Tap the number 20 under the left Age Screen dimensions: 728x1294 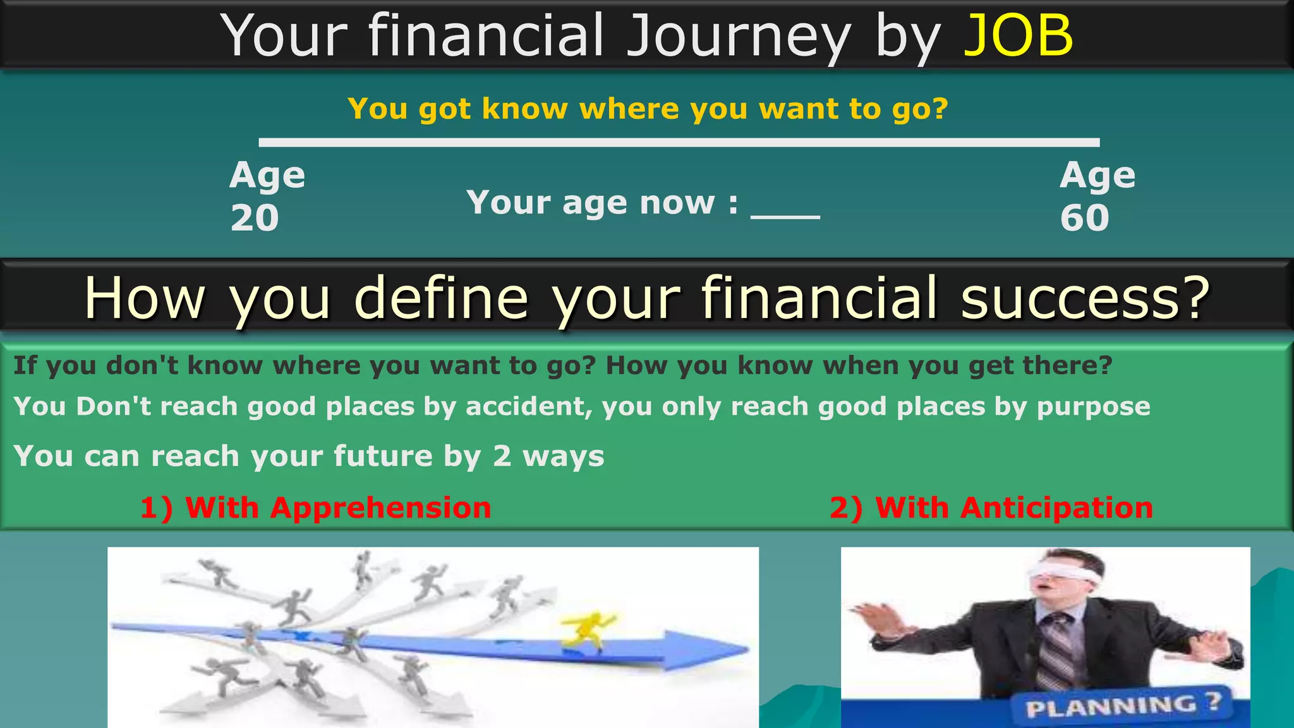(x=255, y=218)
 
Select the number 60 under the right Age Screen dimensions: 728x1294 (x=1084, y=218)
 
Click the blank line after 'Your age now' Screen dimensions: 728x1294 (x=785, y=215)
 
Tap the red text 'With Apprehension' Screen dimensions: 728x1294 (x=337, y=508)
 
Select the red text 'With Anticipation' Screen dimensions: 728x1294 (x=1013, y=508)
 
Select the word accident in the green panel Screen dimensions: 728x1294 (x=528, y=406)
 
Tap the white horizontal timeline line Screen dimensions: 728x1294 (x=679, y=143)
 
